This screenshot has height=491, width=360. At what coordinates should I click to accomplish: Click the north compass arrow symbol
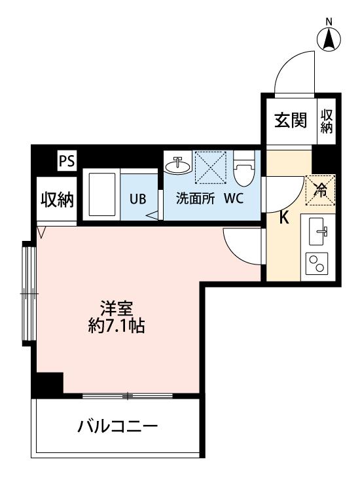pos(329,40)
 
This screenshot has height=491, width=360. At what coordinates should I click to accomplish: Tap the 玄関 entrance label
pos(291,120)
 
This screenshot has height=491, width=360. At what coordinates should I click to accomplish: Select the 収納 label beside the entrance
pos(326,122)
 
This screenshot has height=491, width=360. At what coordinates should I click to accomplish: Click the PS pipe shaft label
pos(67,161)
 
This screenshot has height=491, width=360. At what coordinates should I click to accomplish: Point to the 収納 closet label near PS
pos(57,199)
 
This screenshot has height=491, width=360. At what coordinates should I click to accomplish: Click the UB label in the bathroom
pos(138,199)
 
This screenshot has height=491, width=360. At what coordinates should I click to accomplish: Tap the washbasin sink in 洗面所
pos(178,164)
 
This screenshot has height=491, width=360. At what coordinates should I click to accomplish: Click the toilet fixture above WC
pos(245,169)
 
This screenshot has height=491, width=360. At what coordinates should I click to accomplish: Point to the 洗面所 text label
pos(195,198)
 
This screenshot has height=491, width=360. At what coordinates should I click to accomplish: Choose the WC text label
pos(234,198)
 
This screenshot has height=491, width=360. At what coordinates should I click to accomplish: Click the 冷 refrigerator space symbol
pos(321,190)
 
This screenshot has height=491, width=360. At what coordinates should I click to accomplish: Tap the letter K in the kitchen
pos(283,218)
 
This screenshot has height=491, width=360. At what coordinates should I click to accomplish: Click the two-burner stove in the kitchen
pos(317,263)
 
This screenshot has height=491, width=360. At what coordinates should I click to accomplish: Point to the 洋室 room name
pos(117,309)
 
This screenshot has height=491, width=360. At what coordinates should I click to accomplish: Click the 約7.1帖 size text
pos(116,327)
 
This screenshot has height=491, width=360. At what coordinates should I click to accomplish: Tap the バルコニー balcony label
pos(117,426)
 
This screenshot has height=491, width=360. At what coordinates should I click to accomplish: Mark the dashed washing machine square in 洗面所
pos(210,168)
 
